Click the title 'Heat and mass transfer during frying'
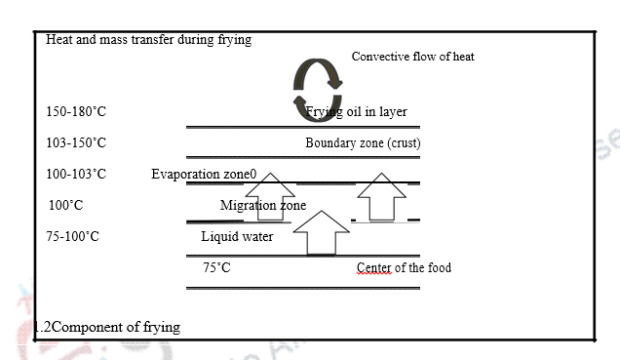[148, 40]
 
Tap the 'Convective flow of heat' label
[412, 57]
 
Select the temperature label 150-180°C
[75, 112]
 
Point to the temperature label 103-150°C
[75, 143]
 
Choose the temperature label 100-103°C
[75, 175]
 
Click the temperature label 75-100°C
[72, 237]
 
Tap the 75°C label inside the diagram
[216, 267]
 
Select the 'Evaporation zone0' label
[204, 175]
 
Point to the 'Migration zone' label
[262, 206]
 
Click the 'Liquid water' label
[237, 237]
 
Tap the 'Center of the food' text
[404, 267]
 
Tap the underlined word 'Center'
[373, 267]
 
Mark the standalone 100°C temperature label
[66, 206]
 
